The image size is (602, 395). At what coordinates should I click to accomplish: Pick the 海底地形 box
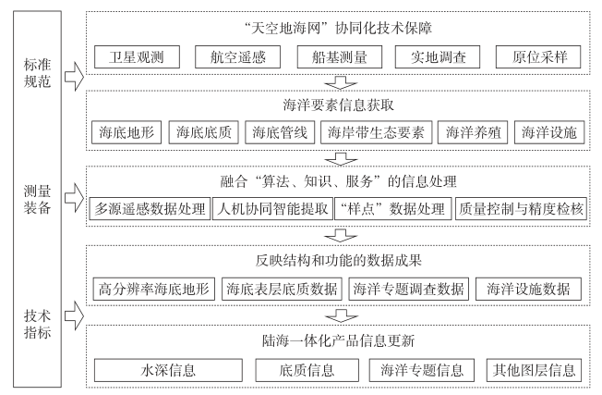click(127, 133)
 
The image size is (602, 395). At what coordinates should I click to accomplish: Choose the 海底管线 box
click(281, 133)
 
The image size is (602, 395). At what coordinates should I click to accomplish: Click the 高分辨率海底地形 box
click(153, 289)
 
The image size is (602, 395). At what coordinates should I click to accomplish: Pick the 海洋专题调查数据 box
click(410, 289)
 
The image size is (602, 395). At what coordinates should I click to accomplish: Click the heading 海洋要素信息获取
click(340, 102)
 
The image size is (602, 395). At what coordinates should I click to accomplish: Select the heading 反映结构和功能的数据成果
click(340, 259)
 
